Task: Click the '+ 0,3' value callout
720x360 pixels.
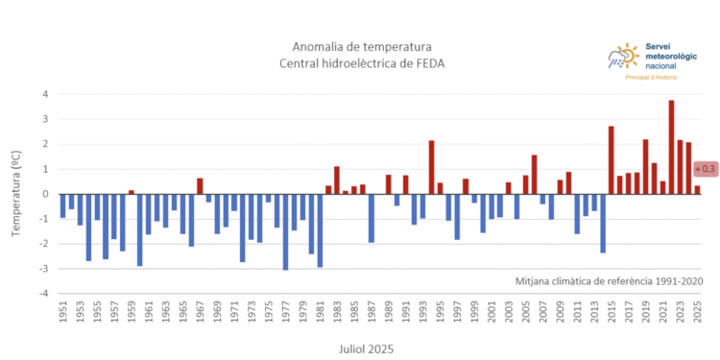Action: click(706, 169)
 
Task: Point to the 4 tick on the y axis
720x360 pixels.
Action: click(45, 95)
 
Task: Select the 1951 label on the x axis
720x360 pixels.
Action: click(63, 313)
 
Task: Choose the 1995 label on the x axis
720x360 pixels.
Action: click(440, 313)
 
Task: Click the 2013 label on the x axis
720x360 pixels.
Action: click(594, 313)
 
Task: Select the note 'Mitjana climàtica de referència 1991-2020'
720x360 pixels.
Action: click(610, 281)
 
